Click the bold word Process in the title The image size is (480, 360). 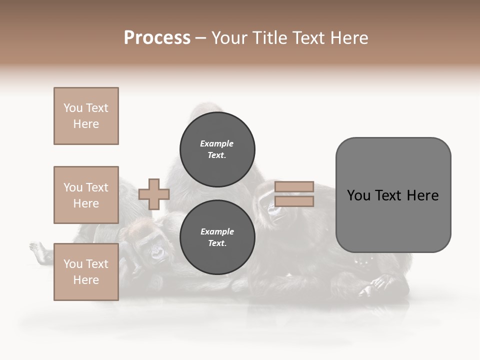coord(157,38)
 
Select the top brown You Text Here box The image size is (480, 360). coord(86,116)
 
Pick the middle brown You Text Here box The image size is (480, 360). coord(86,195)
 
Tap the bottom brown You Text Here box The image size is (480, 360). coord(86,271)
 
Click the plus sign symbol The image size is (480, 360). coord(153,194)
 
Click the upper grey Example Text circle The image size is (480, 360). coord(217,149)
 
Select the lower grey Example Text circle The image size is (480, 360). coord(217,237)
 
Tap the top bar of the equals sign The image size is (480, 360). coord(294,186)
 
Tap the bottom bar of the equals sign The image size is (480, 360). coord(294,201)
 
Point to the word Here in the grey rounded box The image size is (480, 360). coord(422,195)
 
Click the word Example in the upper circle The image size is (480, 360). coord(216,143)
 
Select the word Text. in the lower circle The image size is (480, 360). coord(216,243)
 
